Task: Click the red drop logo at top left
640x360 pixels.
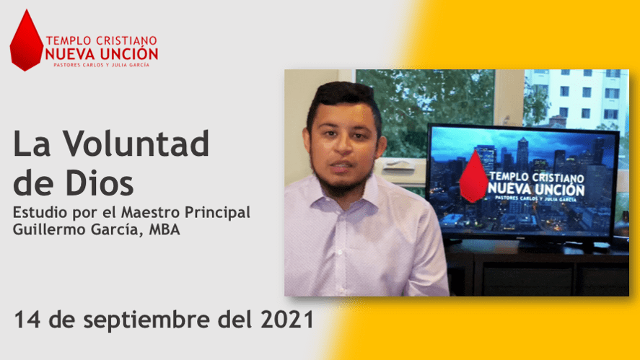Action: (x=27, y=41)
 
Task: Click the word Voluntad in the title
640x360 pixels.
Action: (x=136, y=144)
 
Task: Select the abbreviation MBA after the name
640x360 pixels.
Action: (x=165, y=229)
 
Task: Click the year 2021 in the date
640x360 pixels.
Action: (x=287, y=319)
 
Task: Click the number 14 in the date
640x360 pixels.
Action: (x=27, y=319)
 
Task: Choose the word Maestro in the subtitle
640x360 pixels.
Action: (x=151, y=212)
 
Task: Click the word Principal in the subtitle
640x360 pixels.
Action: (x=217, y=213)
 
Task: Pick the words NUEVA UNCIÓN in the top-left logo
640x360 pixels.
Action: (x=102, y=54)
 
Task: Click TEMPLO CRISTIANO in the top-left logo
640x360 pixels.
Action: (x=102, y=40)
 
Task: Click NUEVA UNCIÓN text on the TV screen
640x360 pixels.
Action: (x=536, y=189)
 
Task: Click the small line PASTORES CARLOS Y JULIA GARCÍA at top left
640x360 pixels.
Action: (x=102, y=65)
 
